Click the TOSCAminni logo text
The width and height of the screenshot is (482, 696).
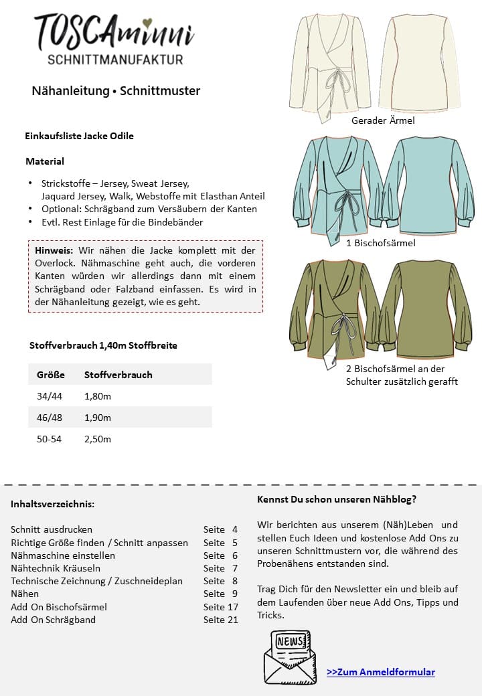click(114, 32)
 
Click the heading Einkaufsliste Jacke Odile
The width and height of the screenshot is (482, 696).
click(79, 136)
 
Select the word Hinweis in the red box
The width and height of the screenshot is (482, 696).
click(54, 250)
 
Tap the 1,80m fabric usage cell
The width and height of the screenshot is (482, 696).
click(98, 396)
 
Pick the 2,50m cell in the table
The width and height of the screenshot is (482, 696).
click(98, 439)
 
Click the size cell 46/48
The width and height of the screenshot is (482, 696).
click(50, 418)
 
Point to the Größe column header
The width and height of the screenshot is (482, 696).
click(50, 375)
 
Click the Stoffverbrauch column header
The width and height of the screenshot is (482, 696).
click(118, 375)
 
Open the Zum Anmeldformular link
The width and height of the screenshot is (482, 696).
click(380, 672)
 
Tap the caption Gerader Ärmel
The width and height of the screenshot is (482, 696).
click(383, 120)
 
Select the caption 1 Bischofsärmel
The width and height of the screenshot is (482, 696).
click(380, 243)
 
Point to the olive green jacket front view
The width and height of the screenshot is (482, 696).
click(333, 308)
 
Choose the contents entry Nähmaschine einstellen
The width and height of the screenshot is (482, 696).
click(63, 555)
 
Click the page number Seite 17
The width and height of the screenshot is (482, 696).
click(221, 607)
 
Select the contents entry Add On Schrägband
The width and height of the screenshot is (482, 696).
click(54, 620)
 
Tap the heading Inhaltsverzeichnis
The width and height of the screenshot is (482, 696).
click(52, 503)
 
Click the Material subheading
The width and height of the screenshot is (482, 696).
click(45, 161)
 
